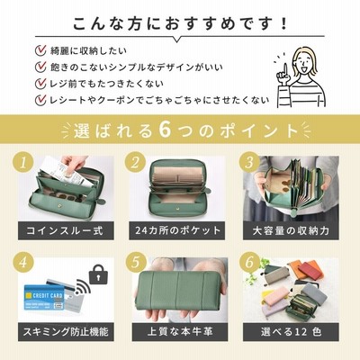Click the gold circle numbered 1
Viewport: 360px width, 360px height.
pyautogui.click(x=23, y=164)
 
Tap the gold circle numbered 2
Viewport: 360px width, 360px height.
pyautogui.click(x=135, y=163)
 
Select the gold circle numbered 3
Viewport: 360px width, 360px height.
pyautogui.click(x=249, y=163)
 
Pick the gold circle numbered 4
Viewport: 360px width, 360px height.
pyautogui.click(x=23, y=262)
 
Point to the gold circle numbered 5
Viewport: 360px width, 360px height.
pyautogui.click(x=135, y=262)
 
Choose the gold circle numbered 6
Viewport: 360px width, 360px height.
pyautogui.click(x=249, y=262)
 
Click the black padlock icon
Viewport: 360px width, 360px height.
pyautogui.click(x=97, y=274)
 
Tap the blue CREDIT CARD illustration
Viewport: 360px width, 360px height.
pyautogui.click(x=44, y=299)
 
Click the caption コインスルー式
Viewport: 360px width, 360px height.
pyautogui.click(x=66, y=230)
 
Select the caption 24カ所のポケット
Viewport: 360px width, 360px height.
pyautogui.click(x=177, y=230)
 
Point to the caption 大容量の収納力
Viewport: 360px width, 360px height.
pyautogui.click(x=291, y=230)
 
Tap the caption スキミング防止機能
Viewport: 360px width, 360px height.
pyautogui.click(x=66, y=332)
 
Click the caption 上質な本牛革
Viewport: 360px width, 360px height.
pyautogui.click(x=180, y=332)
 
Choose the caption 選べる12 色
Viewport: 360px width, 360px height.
pyautogui.click(x=291, y=332)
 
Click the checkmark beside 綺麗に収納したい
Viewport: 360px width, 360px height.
pyautogui.click(x=40, y=50)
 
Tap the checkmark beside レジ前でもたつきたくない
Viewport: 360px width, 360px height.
pyautogui.click(x=40, y=84)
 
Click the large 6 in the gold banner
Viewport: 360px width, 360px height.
pyautogui.click(x=165, y=130)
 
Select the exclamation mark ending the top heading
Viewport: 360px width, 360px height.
pyautogui.click(x=284, y=23)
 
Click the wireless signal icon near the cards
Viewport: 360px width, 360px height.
pyautogui.click(x=83, y=287)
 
